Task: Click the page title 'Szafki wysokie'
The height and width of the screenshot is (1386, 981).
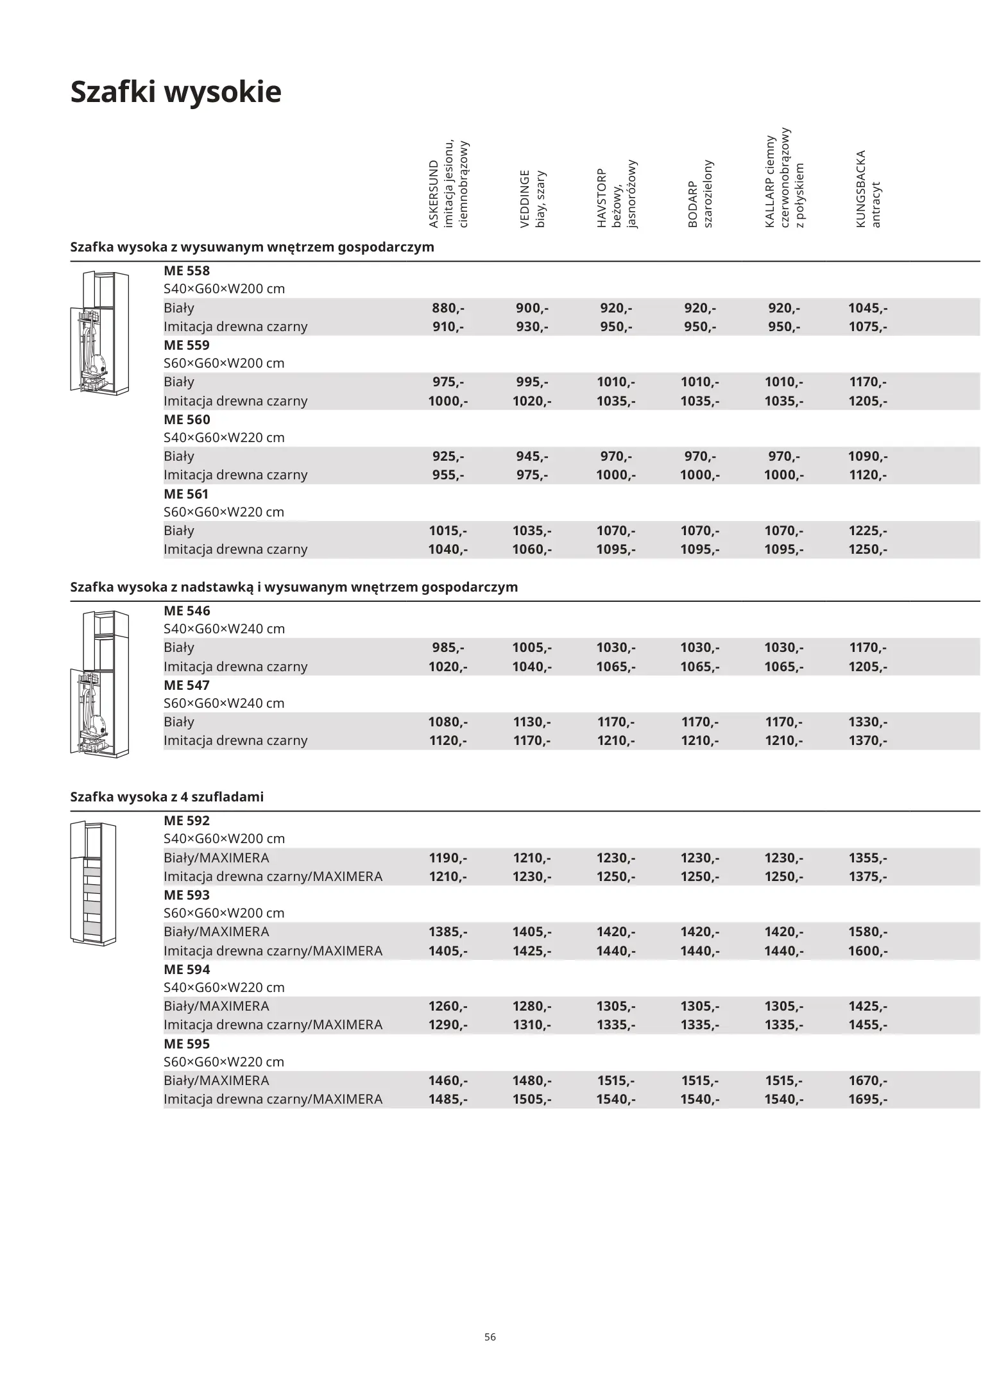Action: (x=175, y=92)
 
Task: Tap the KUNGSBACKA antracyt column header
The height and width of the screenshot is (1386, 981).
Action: (x=868, y=189)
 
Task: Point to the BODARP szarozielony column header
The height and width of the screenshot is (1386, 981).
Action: (x=700, y=194)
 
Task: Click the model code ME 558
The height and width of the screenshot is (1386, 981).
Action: (x=187, y=271)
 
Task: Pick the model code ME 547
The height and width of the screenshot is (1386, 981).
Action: (x=187, y=685)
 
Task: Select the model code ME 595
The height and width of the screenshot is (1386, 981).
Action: (x=187, y=1044)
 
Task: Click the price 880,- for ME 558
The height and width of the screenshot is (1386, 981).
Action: (x=448, y=308)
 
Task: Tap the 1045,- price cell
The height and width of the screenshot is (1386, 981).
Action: (x=867, y=308)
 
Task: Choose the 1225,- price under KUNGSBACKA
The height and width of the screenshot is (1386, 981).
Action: (x=867, y=531)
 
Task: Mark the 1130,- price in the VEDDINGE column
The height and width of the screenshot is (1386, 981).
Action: (x=532, y=722)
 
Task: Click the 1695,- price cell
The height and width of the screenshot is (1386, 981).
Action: (x=867, y=1099)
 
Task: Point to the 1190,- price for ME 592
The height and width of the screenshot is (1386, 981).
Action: (x=448, y=858)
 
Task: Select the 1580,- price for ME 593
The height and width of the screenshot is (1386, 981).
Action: (x=867, y=932)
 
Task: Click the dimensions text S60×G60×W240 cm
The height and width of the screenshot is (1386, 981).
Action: (x=224, y=703)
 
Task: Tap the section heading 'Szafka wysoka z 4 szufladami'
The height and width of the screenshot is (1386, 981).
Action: (x=167, y=797)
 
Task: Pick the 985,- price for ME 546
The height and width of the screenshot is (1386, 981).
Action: (x=448, y=647)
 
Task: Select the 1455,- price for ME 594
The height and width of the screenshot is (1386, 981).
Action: (x=867, y=1025)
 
